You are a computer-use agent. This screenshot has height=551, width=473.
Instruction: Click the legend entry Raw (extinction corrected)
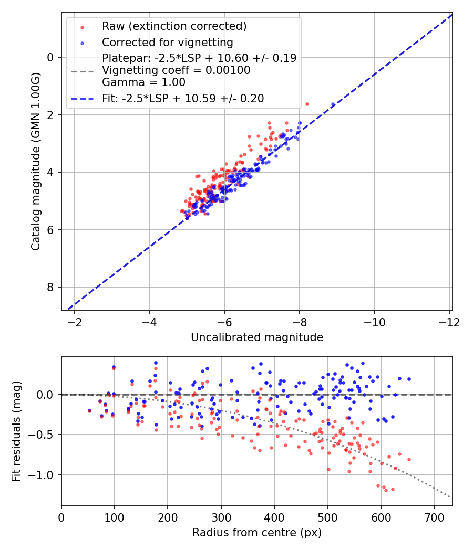point(174,26)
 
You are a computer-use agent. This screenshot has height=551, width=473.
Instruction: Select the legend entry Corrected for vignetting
point(167,42)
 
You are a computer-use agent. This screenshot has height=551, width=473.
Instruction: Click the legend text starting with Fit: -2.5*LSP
point(183,98)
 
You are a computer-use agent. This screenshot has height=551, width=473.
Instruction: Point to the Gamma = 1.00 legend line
point(143,82)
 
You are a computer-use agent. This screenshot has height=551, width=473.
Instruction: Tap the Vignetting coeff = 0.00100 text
point(176,70)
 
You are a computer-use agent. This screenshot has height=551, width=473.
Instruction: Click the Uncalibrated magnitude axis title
point(256,337)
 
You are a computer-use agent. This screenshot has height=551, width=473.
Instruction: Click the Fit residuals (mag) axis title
point(16,431)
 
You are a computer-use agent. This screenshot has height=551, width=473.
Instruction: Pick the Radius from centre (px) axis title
point(256,533)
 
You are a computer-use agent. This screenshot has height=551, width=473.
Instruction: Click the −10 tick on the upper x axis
point(374,321)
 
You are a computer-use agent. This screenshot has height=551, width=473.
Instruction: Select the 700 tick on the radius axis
point(434,517)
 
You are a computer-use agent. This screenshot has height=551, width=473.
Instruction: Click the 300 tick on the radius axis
point(221,517)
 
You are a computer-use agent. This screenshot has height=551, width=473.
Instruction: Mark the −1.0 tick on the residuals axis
point(45,475)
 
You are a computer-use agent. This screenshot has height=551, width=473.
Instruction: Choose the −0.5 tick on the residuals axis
point(45,435)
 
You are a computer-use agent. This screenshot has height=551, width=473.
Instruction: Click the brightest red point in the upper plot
point(307,104)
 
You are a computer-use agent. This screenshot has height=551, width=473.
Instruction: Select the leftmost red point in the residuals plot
point(89,411)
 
